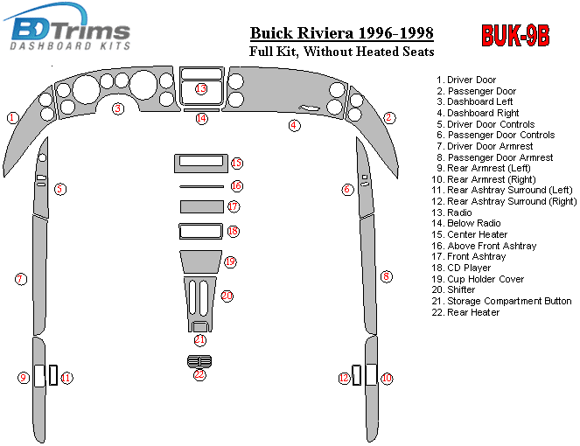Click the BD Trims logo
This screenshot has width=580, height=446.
[71, 30]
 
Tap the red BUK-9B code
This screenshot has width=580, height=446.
[515, 36]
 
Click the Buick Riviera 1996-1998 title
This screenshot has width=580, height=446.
[341, 34]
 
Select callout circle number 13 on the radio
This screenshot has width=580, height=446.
[201, 89]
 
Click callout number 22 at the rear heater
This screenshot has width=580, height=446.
[199, 374]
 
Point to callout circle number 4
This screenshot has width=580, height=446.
[295, 126]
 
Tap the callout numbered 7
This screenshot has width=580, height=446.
[20, 279]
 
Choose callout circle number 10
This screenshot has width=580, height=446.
[387, 378]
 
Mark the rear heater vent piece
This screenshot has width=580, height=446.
[199, 361]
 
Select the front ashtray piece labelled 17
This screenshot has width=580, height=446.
[200, 207]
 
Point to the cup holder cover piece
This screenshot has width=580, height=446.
[200, 261]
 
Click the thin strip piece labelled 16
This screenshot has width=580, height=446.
[200, 186]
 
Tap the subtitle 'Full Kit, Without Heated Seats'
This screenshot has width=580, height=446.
[341, 52]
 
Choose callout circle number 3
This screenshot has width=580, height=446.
[117, 108]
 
